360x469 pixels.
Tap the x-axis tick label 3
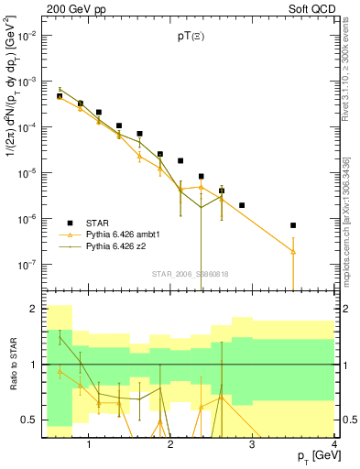(x=253, y=445)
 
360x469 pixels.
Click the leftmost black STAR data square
(x=60, y=96)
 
